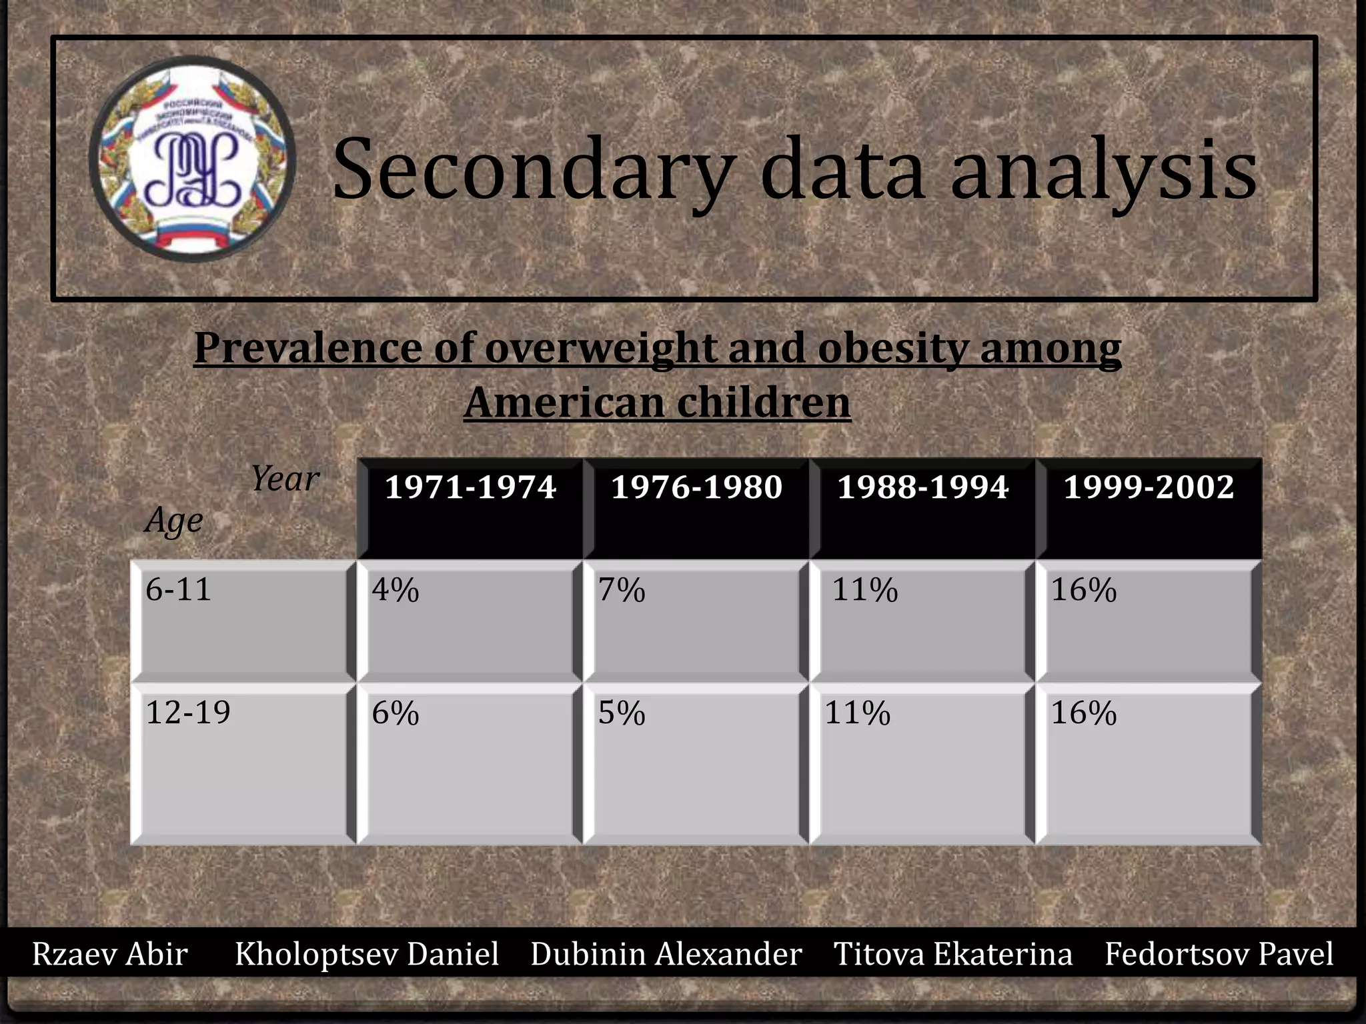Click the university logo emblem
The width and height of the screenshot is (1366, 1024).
click(x=192, y=159)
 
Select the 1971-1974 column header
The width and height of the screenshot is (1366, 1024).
click(x=470, y=487)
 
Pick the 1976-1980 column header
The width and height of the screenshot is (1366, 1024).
click(x=696, y=487)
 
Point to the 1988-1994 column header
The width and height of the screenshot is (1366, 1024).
click(x=922, y=487)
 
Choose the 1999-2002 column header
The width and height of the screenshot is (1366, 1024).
click(x=1149, y=487)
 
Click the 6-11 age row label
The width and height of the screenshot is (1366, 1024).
click(x=178, y=589)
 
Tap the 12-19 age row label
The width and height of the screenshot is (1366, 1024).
click(x=188, y=712)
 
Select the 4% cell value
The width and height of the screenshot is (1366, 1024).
click(x=396, y=590)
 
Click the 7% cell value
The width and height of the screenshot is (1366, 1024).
click(x=622, y=590)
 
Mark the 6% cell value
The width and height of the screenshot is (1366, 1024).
click(x=396, y=713)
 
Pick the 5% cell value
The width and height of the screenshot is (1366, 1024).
click(x=622, y=713)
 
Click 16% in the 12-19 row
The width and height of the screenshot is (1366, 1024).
click(x=1084, y=713)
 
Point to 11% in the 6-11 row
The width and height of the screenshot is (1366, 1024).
click(x=865, y=590)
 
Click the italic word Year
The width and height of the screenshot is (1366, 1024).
click(x=285, y=479)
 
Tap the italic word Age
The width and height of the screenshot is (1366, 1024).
click(x=173, y=521)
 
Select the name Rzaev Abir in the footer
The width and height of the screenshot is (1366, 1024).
click(x=110, y=953)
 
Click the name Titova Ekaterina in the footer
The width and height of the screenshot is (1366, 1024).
click(x=953, y=953)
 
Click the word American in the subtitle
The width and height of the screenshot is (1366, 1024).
click(x=564, y=403)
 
